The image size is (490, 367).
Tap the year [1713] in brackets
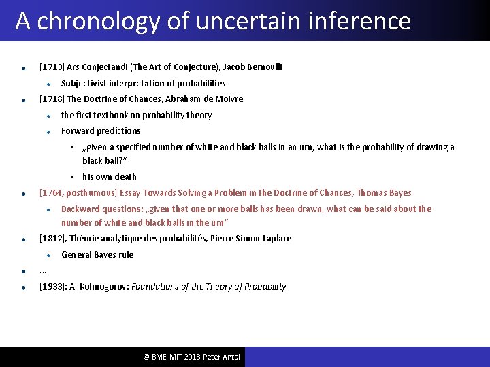click(52, 67)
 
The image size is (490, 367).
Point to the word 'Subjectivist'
click(84, 83)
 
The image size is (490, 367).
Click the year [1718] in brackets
click(52, 99)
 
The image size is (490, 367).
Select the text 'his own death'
click(110, 177)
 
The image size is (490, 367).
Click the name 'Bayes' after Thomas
click(399, 193)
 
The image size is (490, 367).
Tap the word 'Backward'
click(80, 209)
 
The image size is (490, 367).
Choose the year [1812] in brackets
click(52, 239)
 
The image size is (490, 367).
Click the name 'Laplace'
click(275, 239)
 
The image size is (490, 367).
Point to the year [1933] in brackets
click(52, 287)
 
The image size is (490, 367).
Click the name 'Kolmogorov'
click(100, 287)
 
